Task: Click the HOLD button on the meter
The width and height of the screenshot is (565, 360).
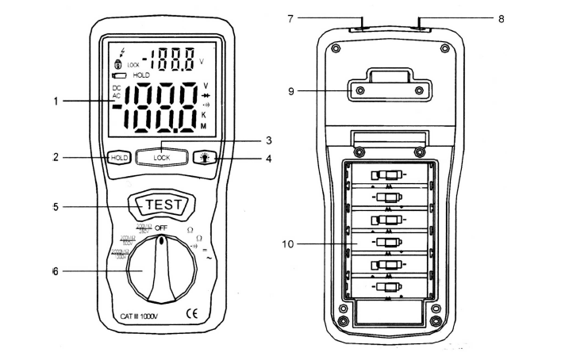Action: (x=119, y=158)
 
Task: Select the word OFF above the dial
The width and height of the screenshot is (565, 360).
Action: (x=163, y=228)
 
